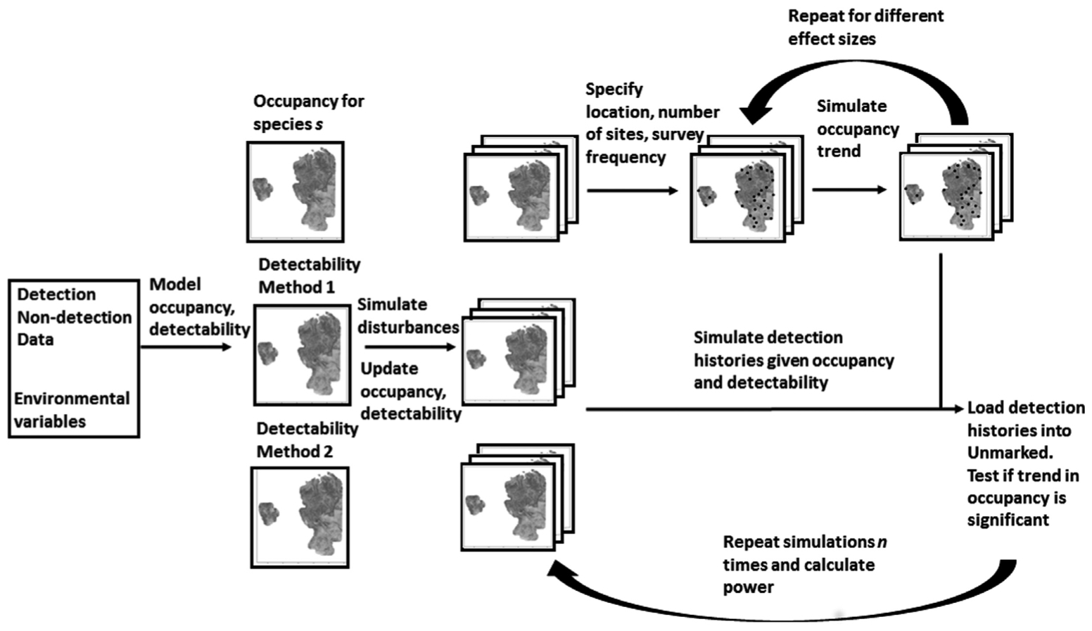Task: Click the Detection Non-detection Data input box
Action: (x=74, y=358)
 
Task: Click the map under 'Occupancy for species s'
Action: (x=296, y=192)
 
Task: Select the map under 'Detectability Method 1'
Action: (x=302, y=354)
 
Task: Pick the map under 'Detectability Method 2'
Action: (x=300, y=517)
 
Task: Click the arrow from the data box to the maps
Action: (x=186, y=346)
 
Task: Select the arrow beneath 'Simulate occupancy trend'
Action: (x=849, y=189)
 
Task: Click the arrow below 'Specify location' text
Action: (x=632, y=190)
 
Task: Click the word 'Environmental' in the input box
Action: (x=72, y=399)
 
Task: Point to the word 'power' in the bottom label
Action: (x=748, y=587)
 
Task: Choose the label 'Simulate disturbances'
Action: (x=408, y=315)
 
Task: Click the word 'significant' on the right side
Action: (x=1008, y=520)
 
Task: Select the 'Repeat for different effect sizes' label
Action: (x=865, y=27)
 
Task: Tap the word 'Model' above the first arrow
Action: (x=175, y=285)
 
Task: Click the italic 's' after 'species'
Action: (x=319, y=125)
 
